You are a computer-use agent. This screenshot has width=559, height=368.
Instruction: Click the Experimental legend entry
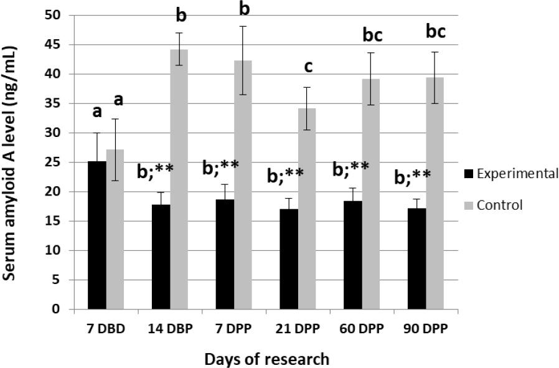[x=510, y=174]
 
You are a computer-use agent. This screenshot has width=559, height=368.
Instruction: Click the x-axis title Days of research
[x=266, y=358]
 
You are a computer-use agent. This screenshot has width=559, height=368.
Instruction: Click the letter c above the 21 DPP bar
[x=308, y=67]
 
